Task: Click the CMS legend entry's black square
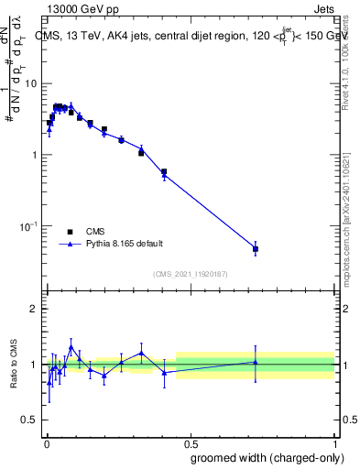(70, 232)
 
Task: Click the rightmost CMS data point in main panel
(256, 249)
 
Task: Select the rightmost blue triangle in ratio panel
(256, 362)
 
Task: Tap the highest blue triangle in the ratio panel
(71, 348)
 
